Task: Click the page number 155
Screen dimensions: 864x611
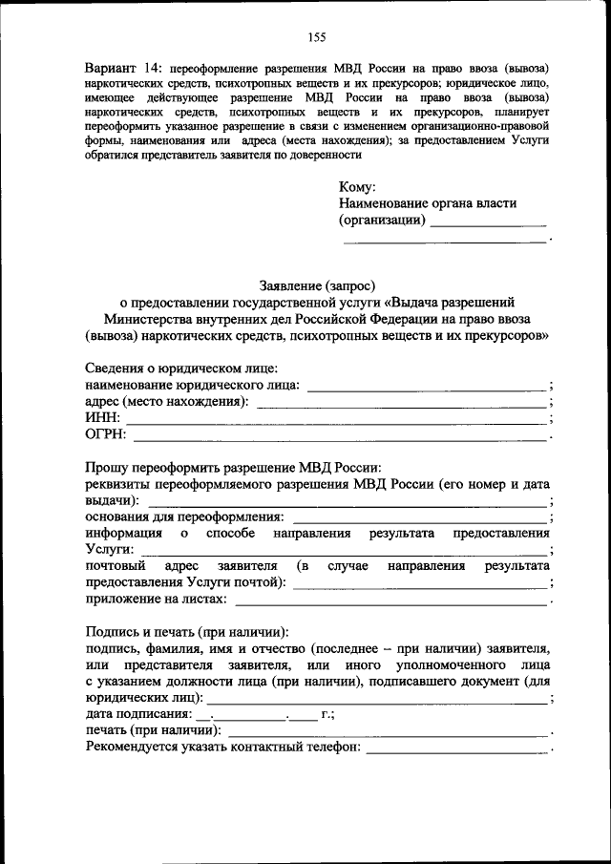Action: (x=317, y=37)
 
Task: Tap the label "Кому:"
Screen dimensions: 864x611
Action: (x=357, y=186)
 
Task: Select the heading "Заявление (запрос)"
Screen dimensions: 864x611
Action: (x=317, y=284)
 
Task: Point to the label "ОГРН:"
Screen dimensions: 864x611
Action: (x=106, y=435)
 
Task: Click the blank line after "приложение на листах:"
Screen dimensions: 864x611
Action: (x=391, y=601)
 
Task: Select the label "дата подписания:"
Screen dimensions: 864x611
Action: (x=137, y=714)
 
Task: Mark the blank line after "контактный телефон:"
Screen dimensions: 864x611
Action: (x=458, y=749)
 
